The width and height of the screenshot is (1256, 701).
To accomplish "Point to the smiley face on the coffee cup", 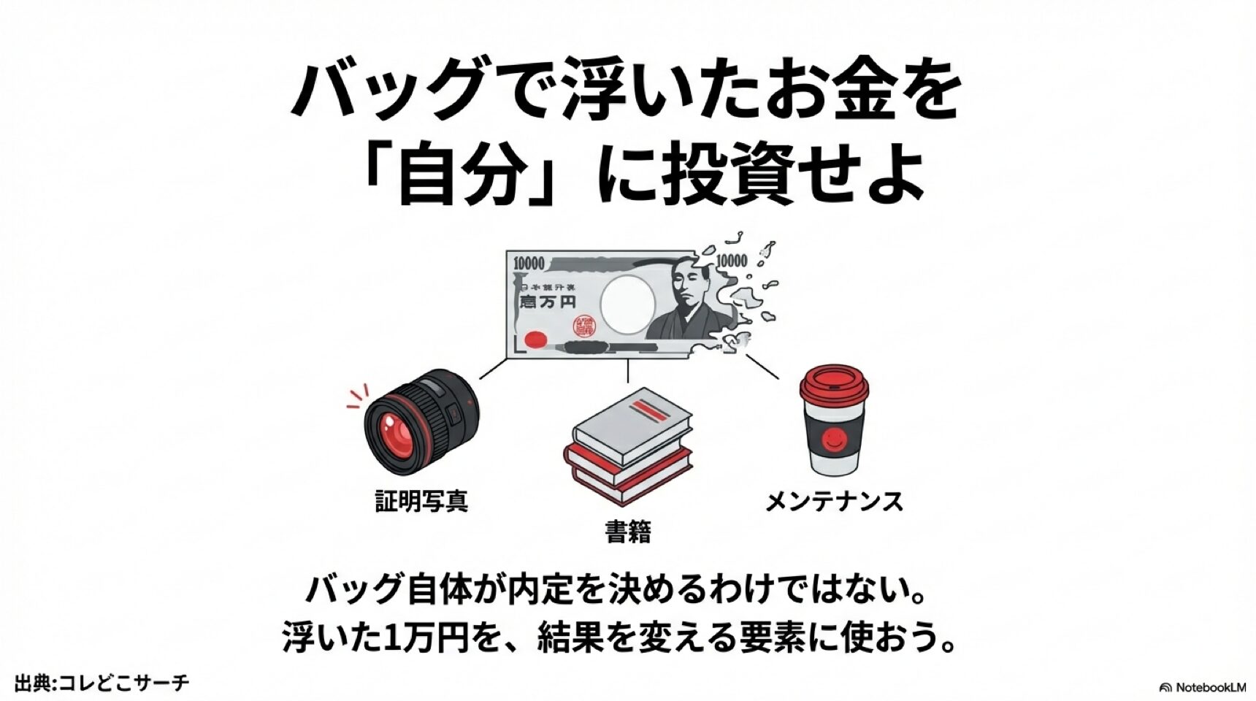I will point(834,439).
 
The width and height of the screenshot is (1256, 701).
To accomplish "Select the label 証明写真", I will point(421,501).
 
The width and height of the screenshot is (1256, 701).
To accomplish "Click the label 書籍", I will point(627,532).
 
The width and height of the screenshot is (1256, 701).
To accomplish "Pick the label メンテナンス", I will point(834,502).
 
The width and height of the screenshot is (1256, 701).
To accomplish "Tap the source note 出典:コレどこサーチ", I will point(102,683).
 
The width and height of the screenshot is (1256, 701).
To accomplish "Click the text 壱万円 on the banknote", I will point(547,302).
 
